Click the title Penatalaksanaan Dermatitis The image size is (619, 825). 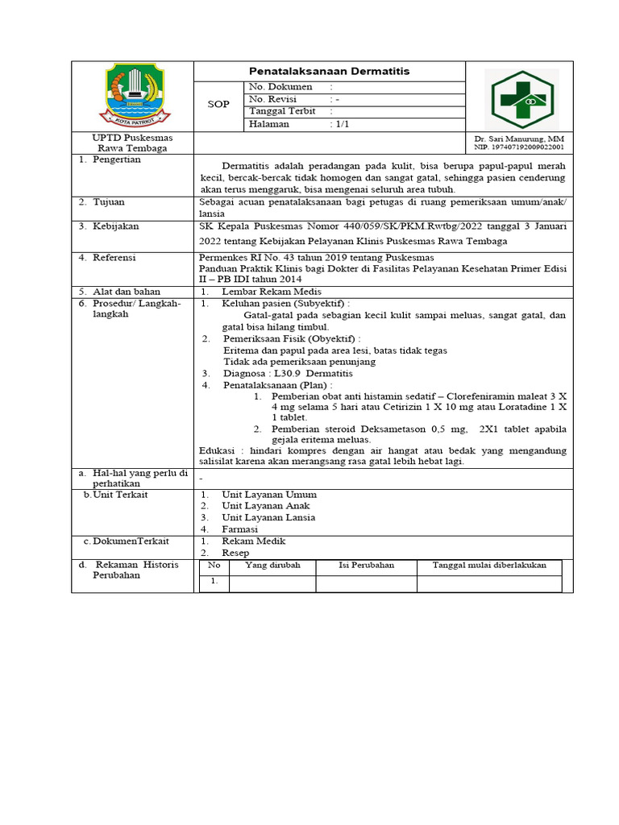pyautogui.click(x=329, y=72)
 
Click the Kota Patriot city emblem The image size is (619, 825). pyautogui.click(x=133, y=96)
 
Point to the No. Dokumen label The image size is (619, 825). pyautogui.click(x=280, y=86)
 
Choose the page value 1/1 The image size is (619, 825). pyautogui.click(x=342, y=125)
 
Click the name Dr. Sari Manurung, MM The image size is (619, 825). pyautogui.click(x=519, y=139)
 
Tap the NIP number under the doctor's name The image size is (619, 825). pyautogui.click(x=519, y=148)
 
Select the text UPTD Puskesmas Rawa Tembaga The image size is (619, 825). pyautogui.click(x=132, y=143)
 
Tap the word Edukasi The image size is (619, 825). pyautogui.click(x=216, y=450)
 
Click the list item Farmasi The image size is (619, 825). pyautogui.click(x=240, y=529)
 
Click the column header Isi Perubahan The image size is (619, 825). pyautogui.click(x=366, y=566)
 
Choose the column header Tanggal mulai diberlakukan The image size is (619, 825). pyautogui.click(x=489, y=566)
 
